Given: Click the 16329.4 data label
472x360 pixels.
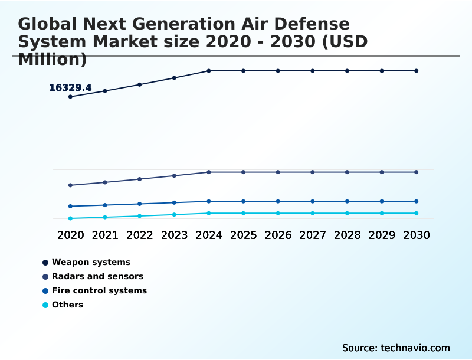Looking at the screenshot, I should [70, 88].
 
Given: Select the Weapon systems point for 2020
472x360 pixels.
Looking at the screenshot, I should [70, 97].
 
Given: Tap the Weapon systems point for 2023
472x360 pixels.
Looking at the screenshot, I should [174, 78].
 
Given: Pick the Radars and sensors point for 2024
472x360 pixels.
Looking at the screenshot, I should [209, 172].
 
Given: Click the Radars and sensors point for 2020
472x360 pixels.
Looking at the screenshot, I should [70, 185].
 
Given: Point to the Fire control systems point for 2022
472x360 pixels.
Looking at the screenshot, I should [140, 204].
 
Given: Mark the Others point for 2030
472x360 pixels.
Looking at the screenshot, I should [417, 213].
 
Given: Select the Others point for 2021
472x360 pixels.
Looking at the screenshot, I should [105, 217].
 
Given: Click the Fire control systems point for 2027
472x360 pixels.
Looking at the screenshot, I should [313, 201].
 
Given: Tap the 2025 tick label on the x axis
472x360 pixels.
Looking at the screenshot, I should [243, 235].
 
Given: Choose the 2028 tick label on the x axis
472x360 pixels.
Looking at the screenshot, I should [347, 235].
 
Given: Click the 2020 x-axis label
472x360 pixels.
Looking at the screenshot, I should [70, 235].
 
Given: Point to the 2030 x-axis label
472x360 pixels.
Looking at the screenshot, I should [417, 235].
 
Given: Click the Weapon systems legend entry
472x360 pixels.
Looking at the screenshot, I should [91, 262].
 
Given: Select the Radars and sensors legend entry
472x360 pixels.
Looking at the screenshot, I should [97, 276].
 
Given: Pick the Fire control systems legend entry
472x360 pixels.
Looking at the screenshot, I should [99, 290].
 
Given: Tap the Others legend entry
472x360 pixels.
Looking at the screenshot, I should [67, 305].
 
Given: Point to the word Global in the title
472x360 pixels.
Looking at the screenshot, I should [47, 24].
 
